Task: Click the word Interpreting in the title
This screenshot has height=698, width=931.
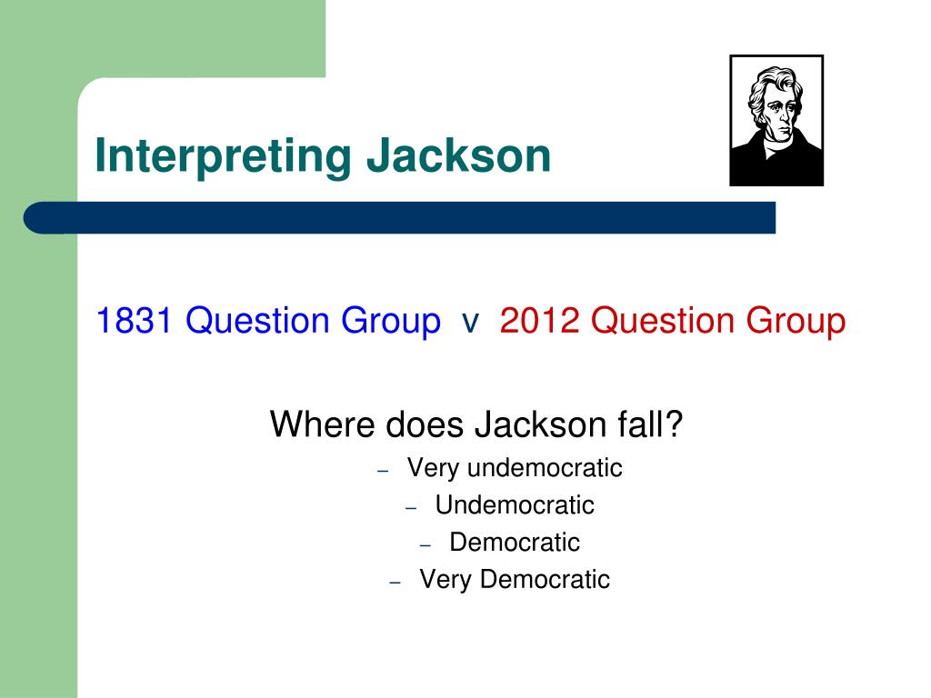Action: point(222,156)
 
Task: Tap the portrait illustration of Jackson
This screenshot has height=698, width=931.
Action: point(776,121)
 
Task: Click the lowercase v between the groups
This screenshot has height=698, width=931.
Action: point(470,322)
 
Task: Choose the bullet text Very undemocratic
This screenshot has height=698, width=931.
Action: point(515,468)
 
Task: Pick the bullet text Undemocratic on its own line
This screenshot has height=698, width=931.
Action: point(515,505)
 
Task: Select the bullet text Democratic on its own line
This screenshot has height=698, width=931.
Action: point(515,543)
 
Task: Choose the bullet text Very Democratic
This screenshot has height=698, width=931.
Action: point(515,580)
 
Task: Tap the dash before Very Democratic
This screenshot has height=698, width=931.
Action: point(395,583)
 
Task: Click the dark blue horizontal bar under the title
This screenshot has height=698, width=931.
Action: point(400,218)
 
